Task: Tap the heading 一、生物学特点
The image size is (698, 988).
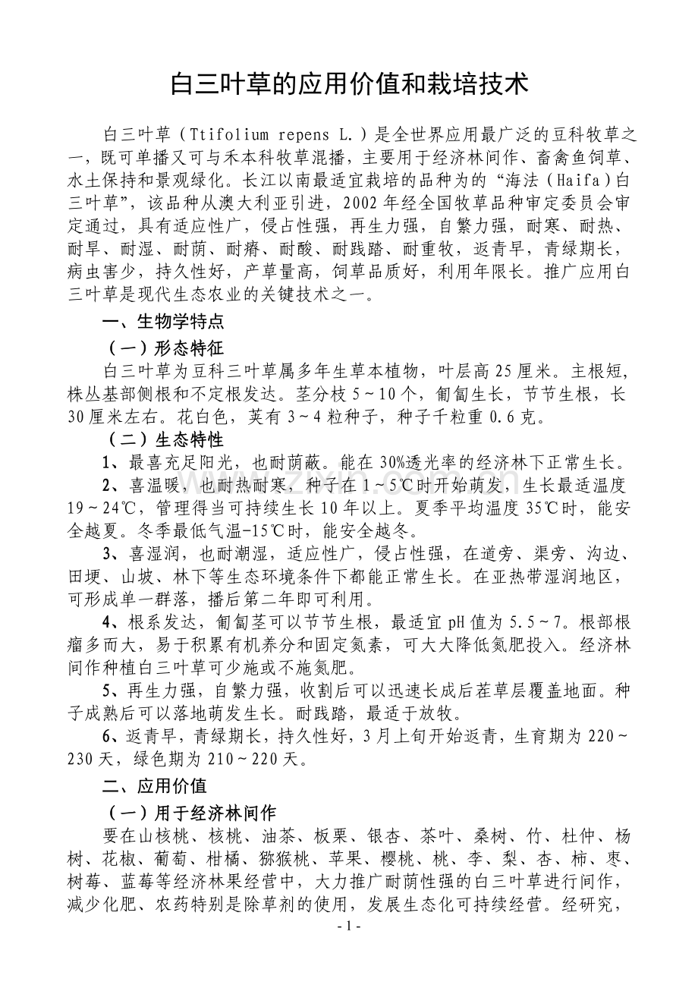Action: (163, 322)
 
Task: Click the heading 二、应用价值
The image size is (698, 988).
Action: (155, 785)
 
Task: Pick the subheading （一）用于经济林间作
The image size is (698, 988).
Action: (192, 813)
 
